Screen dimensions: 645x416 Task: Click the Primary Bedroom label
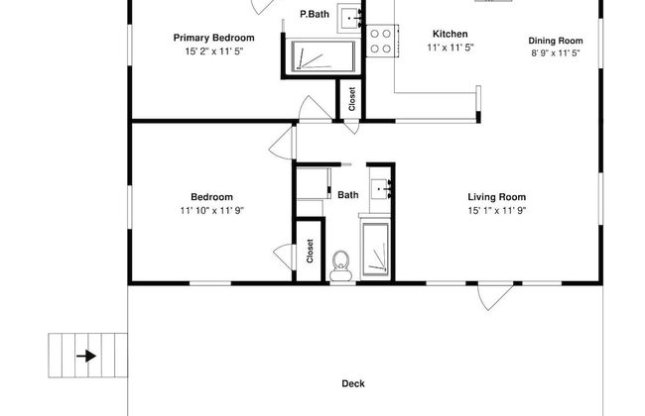click(214, 38)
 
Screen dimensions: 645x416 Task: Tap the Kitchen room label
click(451, 34)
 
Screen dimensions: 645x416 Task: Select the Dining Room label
click(556, 41)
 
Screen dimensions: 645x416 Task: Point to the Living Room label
click(497, 197)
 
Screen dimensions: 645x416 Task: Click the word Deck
click(353, 383)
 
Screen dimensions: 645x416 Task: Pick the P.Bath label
click(315, 15)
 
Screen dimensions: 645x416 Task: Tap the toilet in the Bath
click(340, 266)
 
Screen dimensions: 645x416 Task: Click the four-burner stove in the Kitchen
click(382, 41)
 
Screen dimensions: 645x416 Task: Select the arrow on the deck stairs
click(86, 356)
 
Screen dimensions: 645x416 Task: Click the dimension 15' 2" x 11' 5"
click(214, 52)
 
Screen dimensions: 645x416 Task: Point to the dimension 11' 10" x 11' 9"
click(211, 211)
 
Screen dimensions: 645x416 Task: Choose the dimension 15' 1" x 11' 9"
click(497, 211)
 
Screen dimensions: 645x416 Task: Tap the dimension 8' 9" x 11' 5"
click(556, 52)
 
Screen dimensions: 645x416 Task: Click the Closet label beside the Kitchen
click(351, 99)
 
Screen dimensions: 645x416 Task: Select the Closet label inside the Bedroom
click(310, 251)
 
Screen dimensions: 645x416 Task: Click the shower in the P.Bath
click(322, 56)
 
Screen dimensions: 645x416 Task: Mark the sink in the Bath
click(380, 188)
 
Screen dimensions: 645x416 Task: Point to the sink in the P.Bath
click(349, 19)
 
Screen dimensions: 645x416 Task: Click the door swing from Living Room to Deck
click(495, 296)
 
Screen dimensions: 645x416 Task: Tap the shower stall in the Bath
click(375, 249)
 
